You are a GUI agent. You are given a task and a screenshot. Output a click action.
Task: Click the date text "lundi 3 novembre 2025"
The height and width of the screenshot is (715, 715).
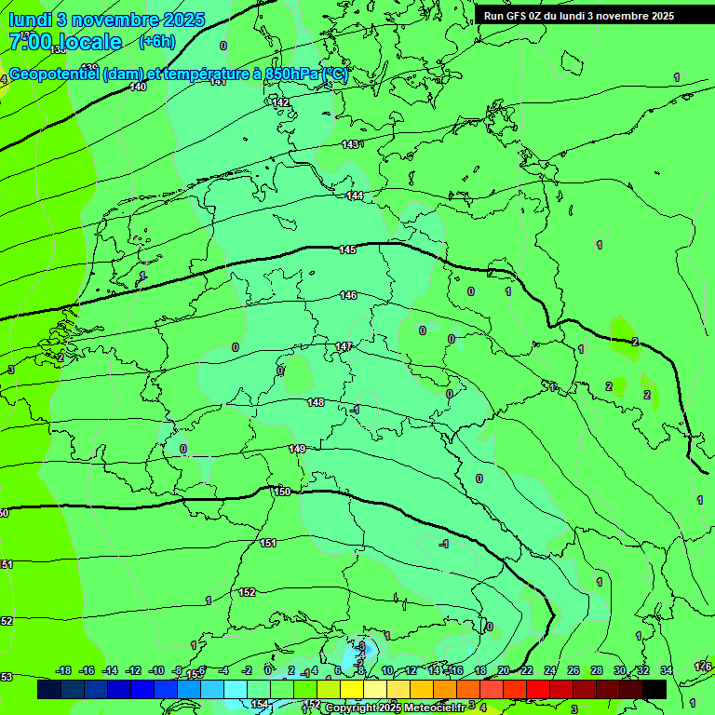106,20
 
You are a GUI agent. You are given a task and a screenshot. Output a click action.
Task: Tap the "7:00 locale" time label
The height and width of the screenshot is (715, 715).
65,42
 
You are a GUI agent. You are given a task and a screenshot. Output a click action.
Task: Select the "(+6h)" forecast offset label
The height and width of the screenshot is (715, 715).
156,42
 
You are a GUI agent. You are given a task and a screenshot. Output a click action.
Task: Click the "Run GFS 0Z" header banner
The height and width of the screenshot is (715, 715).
578,16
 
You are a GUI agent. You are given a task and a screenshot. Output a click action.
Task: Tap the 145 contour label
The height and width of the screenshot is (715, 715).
347,250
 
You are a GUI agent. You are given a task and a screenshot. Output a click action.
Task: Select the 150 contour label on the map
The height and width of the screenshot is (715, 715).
282,492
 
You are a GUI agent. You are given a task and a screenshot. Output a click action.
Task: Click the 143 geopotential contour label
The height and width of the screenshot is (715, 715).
350,144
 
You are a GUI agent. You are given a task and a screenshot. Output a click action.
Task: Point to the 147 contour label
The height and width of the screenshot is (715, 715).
344,346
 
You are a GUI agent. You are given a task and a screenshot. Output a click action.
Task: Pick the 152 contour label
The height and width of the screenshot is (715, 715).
247,592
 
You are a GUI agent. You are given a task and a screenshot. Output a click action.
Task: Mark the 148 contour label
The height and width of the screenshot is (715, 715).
316,402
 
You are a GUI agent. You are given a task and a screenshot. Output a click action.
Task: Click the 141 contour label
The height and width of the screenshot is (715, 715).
218,82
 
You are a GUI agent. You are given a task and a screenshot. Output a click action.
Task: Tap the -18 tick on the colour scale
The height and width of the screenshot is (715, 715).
64,670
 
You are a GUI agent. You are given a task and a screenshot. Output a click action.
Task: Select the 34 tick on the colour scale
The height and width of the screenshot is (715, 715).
666,670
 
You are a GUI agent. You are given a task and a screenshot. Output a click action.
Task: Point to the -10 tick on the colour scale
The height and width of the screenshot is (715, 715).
156,670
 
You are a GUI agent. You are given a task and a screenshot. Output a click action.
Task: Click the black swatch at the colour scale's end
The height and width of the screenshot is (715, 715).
654,689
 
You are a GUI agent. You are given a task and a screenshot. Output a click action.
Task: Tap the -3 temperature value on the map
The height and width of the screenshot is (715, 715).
360,645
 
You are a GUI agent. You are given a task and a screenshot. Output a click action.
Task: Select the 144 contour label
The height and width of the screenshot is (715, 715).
355,196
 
